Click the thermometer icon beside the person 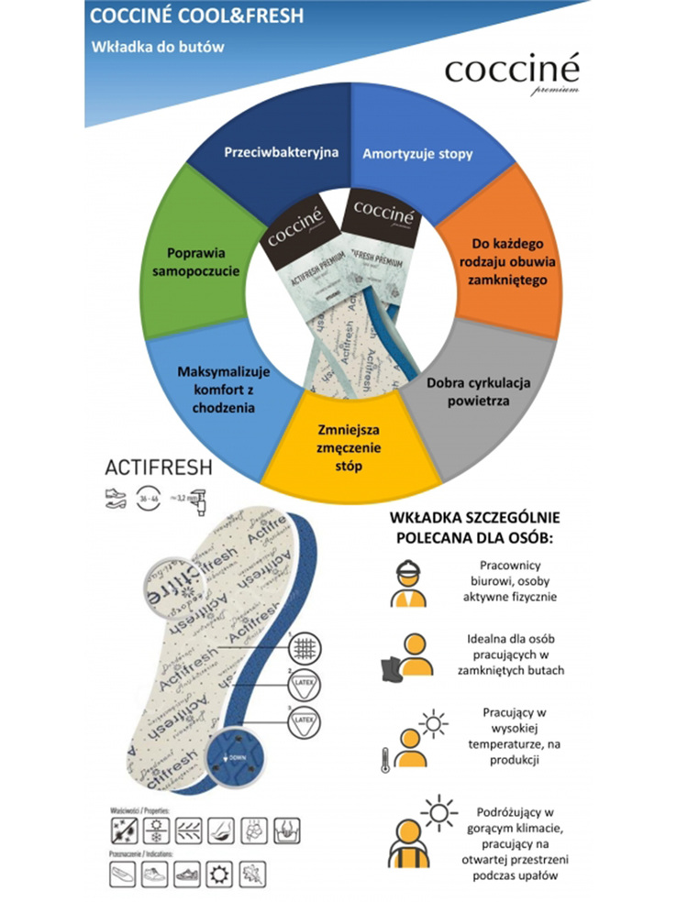(x=383, y=759)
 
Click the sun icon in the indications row (x=219, y=872)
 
